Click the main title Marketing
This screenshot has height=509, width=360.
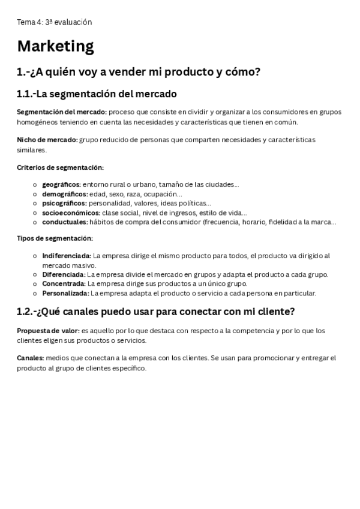55,46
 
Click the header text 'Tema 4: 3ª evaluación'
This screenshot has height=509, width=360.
55,22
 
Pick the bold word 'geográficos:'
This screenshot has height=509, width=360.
61,185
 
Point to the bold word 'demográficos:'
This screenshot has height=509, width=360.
65,194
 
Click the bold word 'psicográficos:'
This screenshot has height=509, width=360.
64,203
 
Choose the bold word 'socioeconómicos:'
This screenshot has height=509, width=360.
71,212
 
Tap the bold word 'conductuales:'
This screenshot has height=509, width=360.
65,222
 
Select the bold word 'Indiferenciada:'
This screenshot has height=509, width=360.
67,256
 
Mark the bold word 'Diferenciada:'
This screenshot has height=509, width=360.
64,274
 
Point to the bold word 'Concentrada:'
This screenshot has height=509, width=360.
64,284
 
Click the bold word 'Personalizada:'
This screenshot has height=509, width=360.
65,294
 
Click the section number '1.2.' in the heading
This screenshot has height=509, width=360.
26,312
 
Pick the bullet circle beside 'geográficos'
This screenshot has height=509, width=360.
35,185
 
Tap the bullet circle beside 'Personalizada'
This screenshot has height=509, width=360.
35,294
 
